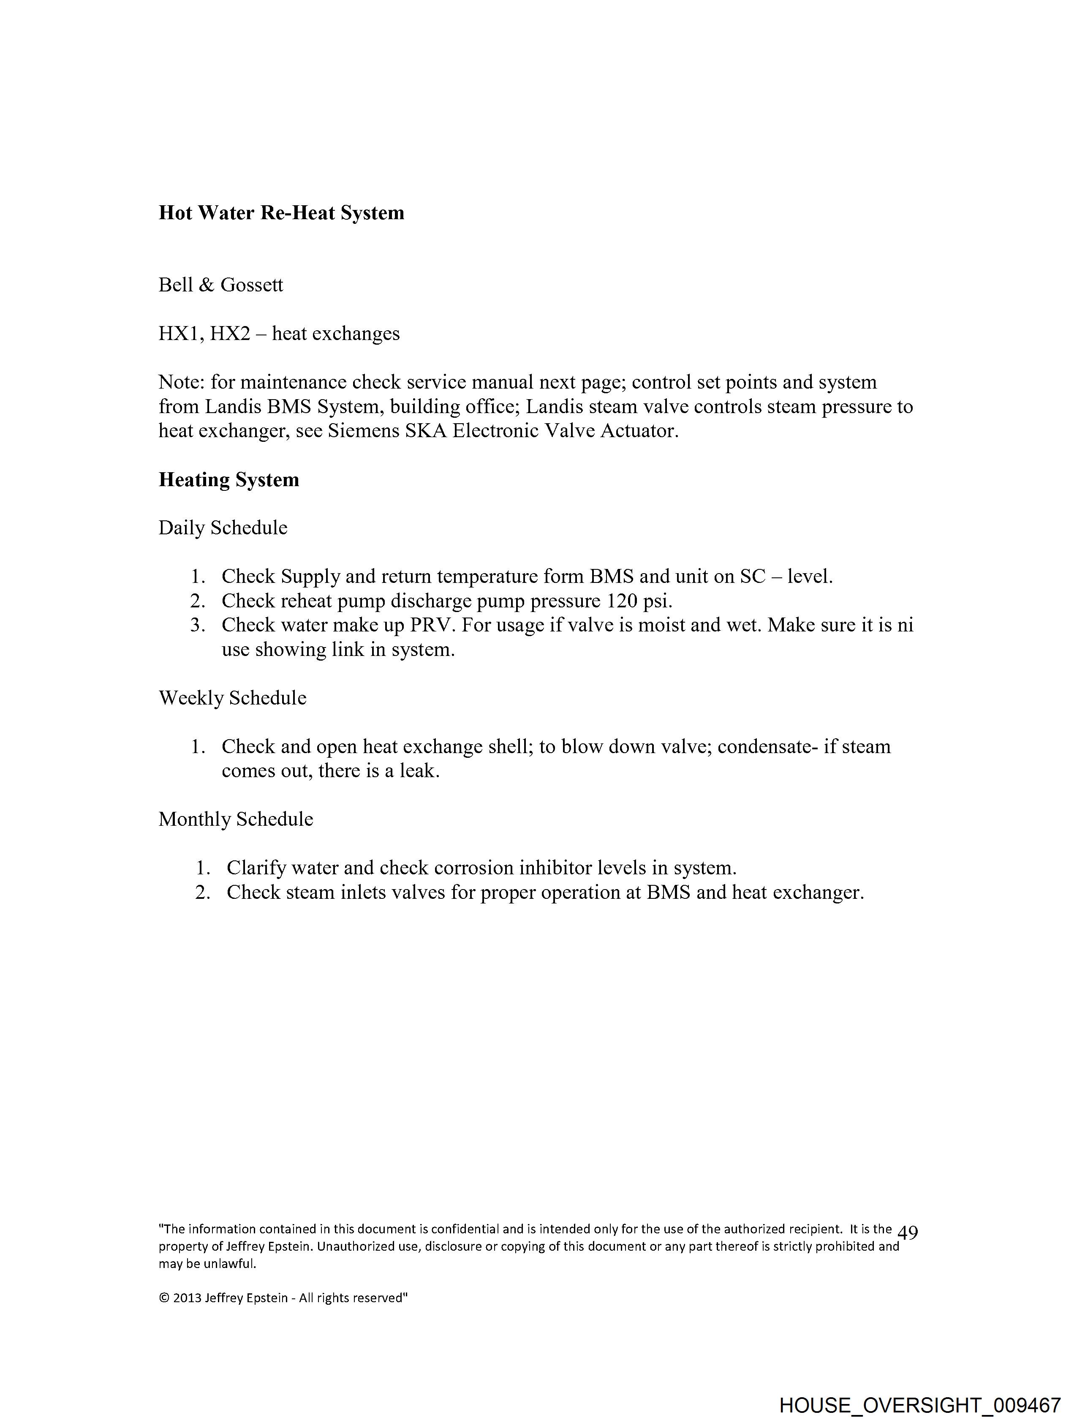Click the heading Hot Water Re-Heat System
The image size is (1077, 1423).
click(x=281, y=213)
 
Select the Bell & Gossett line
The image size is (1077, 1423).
click(x=220, y=285)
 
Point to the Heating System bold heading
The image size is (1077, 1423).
click(x=229, y=479)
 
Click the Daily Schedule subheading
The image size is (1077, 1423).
click(x=223, y=528)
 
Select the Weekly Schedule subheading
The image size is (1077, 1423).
click(x=232, y=698)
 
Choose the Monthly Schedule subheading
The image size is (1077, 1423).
click(x=236, y=819)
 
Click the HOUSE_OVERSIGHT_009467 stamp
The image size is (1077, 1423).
click(x=919, y=1405)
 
